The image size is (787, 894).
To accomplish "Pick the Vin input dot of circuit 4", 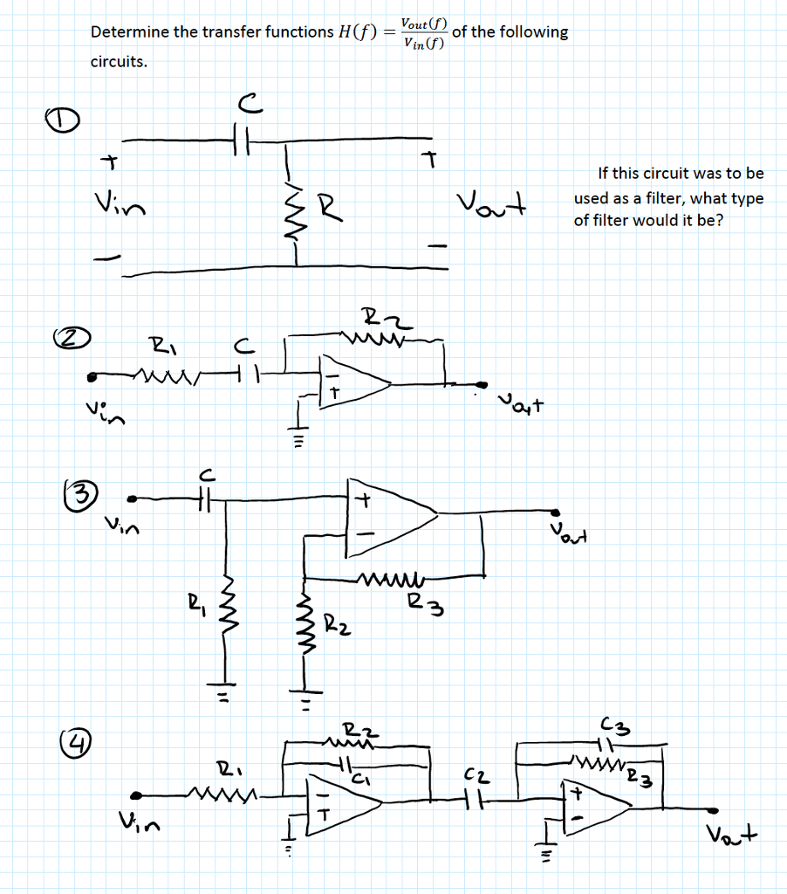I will [136, 795].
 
